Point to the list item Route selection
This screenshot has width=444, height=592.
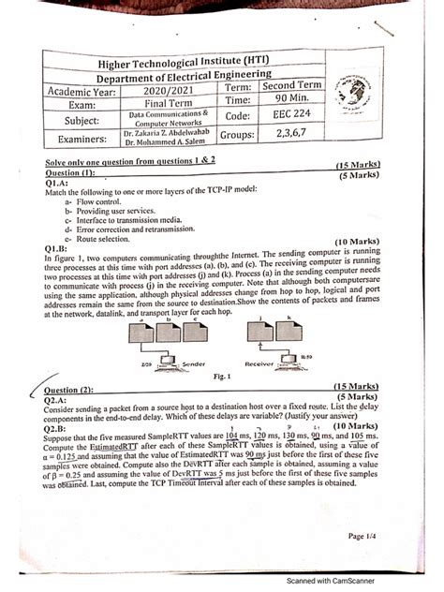[x=109, y=239]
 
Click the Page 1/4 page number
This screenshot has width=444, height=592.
[x=362, y=536]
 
